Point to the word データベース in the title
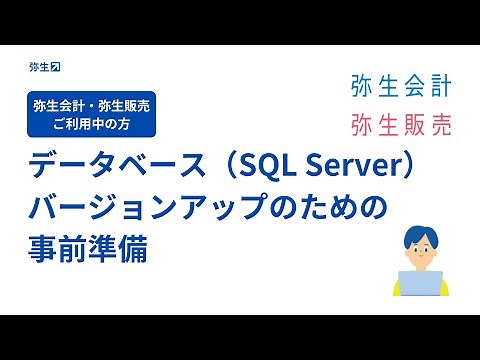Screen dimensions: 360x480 (100, 165)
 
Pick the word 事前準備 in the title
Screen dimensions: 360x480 (90, 249)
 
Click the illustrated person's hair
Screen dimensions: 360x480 (420, 233)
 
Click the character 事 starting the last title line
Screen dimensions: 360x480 (46, 249)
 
